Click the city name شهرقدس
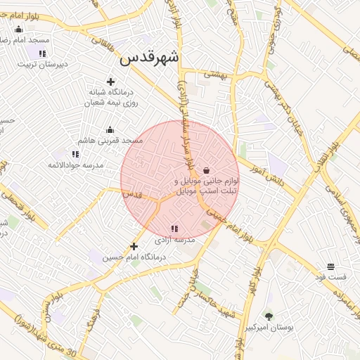149,58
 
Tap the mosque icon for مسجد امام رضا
18,30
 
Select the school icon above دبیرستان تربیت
42,53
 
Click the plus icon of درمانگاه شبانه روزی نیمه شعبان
110,82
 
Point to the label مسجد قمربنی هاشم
110,141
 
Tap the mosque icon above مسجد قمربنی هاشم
110,130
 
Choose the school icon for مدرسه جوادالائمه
75,154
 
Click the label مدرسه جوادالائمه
75,165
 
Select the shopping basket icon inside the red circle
206,170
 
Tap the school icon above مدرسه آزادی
174,229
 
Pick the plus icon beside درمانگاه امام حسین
134,246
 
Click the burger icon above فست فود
330,266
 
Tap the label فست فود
330,278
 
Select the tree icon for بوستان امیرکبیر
268,316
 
